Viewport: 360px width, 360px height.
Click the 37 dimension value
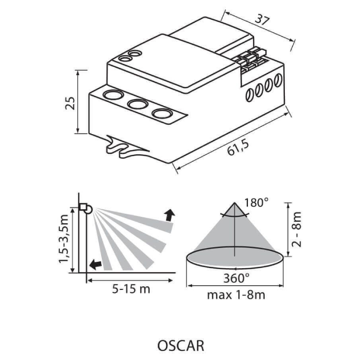coord(262,20)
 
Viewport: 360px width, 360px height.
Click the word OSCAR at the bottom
coord(181,346)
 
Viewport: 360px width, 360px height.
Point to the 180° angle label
coord(256,203)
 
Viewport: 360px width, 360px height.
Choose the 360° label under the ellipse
coord(237,278)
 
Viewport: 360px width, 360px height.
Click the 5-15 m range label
coord(131,289)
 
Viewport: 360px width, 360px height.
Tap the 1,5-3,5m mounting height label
coord(64,238)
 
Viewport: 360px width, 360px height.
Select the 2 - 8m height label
coord(297,229)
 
